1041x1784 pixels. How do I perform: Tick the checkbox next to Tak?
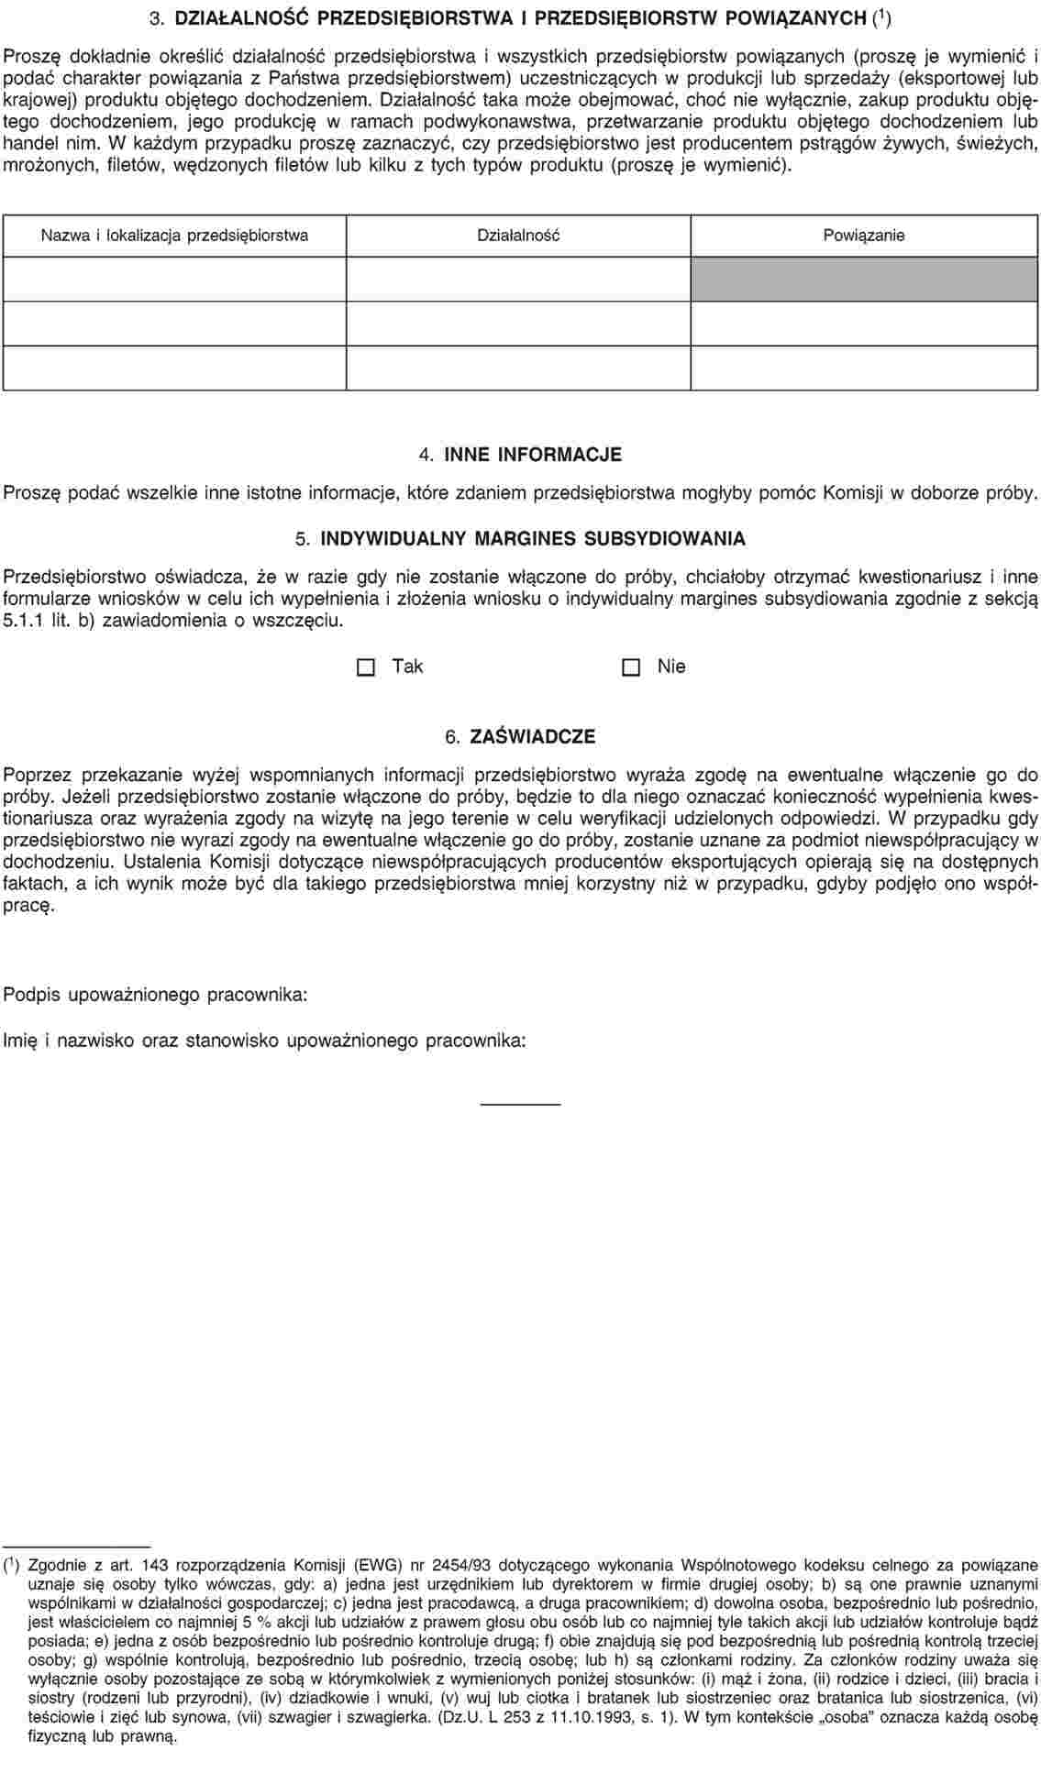[x=366, y=667]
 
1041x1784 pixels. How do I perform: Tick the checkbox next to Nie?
[x=630, y=667]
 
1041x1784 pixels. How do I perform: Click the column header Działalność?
[x=518, y=236]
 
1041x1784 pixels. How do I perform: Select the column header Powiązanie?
[x=863, y=236]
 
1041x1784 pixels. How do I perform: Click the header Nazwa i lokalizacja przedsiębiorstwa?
[x=174, y=236]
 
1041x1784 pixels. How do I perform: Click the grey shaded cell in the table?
[x=863, y=279]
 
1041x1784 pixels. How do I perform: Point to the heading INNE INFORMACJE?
[x=532, y=455]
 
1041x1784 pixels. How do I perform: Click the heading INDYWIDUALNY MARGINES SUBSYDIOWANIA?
[x=532, y=538]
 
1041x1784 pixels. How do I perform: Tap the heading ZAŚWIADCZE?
[x=532, y=737]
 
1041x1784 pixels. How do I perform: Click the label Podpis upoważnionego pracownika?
[x=156, y=995]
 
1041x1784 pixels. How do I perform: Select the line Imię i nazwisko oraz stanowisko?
[x=265, y=1041]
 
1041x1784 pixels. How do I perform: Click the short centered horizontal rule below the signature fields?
[x=520, y=1103]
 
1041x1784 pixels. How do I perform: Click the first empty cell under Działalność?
[x=518, y=279]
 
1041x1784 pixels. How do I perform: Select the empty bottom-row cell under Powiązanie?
[x=863, y=368]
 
